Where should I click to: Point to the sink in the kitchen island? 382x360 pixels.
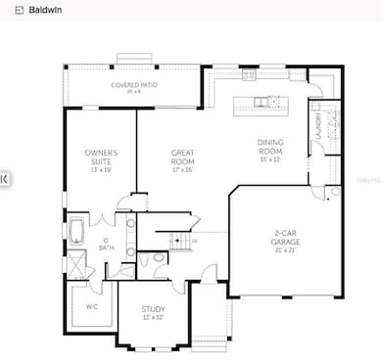click(262, 102)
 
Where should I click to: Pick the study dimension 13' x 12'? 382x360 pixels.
click(153, 318)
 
